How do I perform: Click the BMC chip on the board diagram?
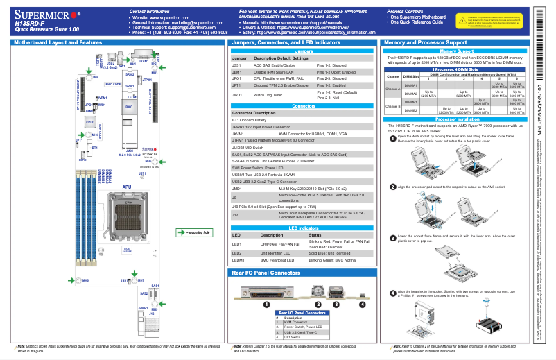(128, 108)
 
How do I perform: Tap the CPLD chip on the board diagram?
(89, 122)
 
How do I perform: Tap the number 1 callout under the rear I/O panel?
(264, 304)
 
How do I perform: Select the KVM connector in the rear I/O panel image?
(264, 289)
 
